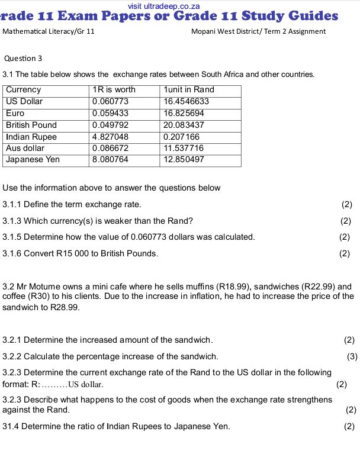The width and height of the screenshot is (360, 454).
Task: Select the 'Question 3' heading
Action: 23,58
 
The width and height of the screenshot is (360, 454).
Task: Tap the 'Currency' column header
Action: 24,90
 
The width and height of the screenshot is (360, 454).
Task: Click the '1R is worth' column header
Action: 114,90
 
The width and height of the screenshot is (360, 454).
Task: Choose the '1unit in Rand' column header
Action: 189,90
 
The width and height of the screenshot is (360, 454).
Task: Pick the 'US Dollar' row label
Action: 24,101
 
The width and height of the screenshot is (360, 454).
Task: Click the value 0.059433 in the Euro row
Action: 110,113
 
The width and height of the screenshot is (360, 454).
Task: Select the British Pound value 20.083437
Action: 184,125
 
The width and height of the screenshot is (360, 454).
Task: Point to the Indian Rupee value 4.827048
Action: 110,137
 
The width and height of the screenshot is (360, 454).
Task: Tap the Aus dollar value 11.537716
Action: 184,148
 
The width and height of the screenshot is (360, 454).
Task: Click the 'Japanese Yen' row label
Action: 33,160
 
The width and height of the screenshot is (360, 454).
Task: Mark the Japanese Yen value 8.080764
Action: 110,160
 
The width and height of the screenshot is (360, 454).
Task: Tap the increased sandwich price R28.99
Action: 65,308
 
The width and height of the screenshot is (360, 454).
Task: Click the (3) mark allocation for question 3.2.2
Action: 352,356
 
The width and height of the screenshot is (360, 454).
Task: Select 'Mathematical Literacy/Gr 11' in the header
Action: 49,31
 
